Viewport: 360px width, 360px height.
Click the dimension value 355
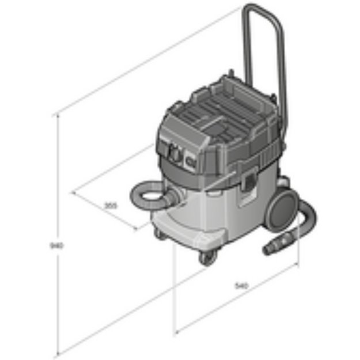pyautogui.click(x=111, y=204)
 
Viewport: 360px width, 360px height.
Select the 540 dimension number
pyautogui.click(x=241, y=285)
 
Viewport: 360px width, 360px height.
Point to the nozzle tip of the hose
pyautogui.click(x=268, y=249)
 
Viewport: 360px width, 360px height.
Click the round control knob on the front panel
pyautogui.click(x=173, y=153)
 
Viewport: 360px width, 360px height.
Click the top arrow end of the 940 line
pyautogui.click(x=58, y=115)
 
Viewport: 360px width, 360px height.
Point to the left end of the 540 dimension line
pyautogui.click(x=175, y=332)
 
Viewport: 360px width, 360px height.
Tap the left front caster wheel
pyautogui.click(x=158, y=233)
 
